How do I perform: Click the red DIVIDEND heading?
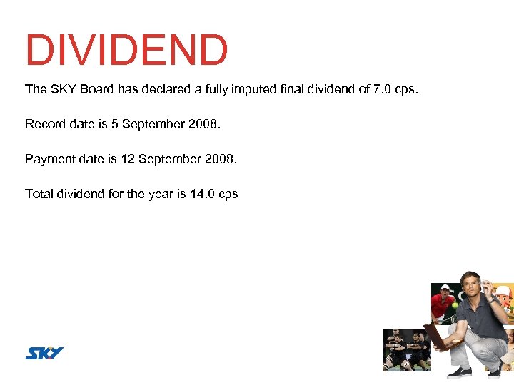tap(126, 51)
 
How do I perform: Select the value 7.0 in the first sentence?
tap(383, 89)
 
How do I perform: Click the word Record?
tap(44, 124)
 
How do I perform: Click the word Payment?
tap(48, 158)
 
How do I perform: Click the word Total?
tap(38, 193)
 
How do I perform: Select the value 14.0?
tap(202, 193)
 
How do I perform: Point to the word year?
tap(161, 193)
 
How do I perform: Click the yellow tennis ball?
tap(453, 305)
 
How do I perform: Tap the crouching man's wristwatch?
tap(492, 300)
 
